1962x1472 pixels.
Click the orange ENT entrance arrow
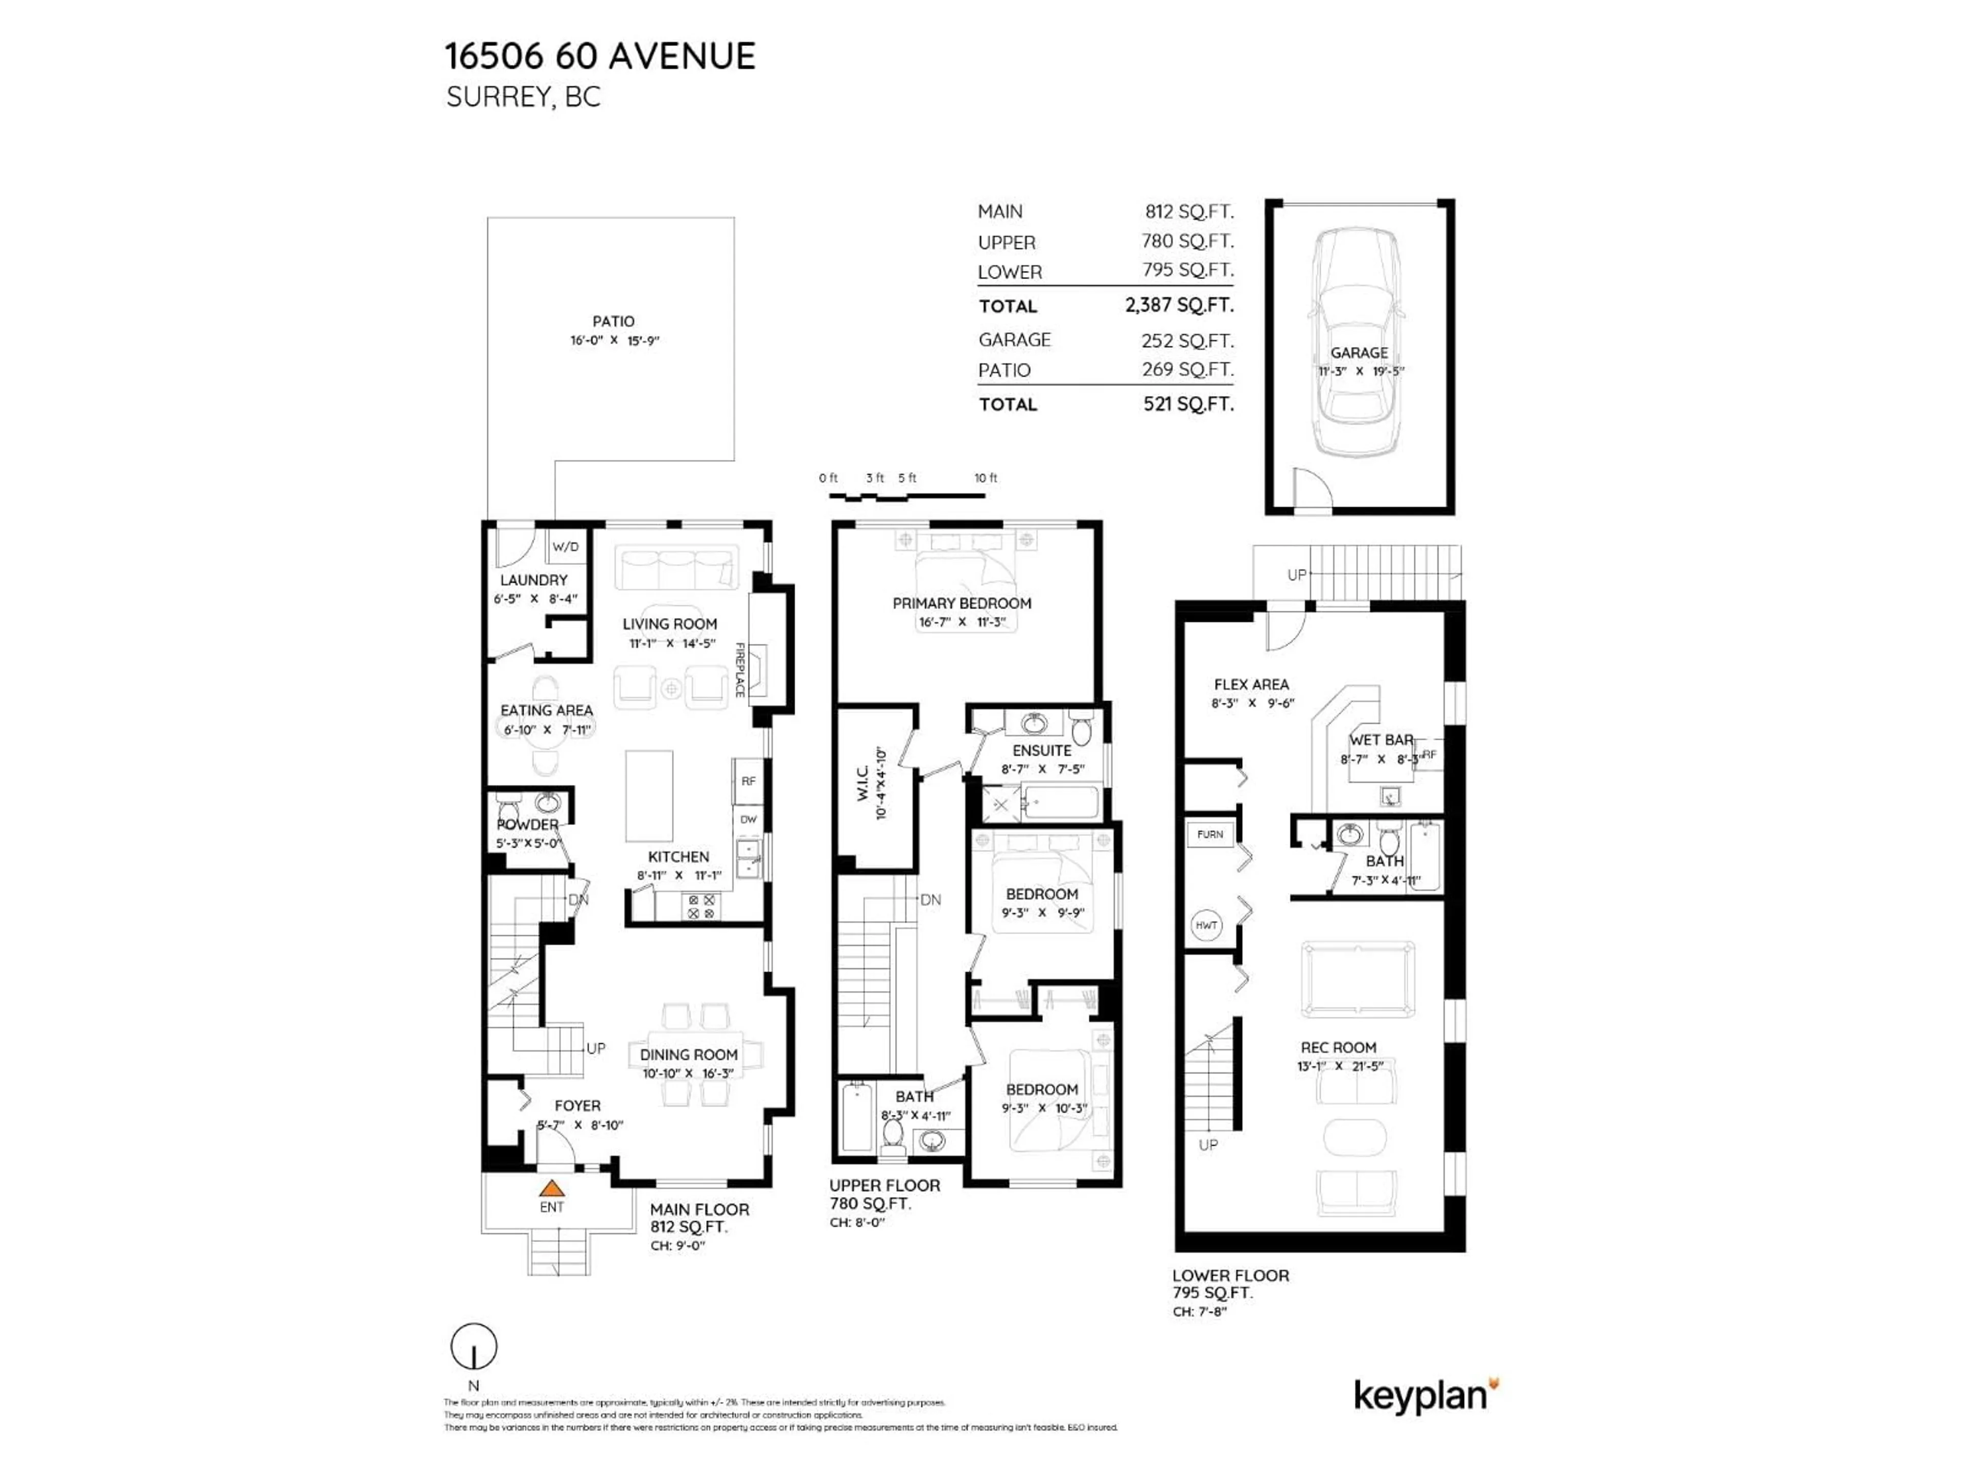552,1187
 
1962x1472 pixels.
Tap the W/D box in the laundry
565,546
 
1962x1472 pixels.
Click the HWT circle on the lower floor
1206,926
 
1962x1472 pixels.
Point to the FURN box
1210,834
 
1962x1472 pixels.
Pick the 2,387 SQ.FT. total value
1179,305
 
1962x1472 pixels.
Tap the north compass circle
474,1347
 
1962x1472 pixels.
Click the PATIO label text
613,321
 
